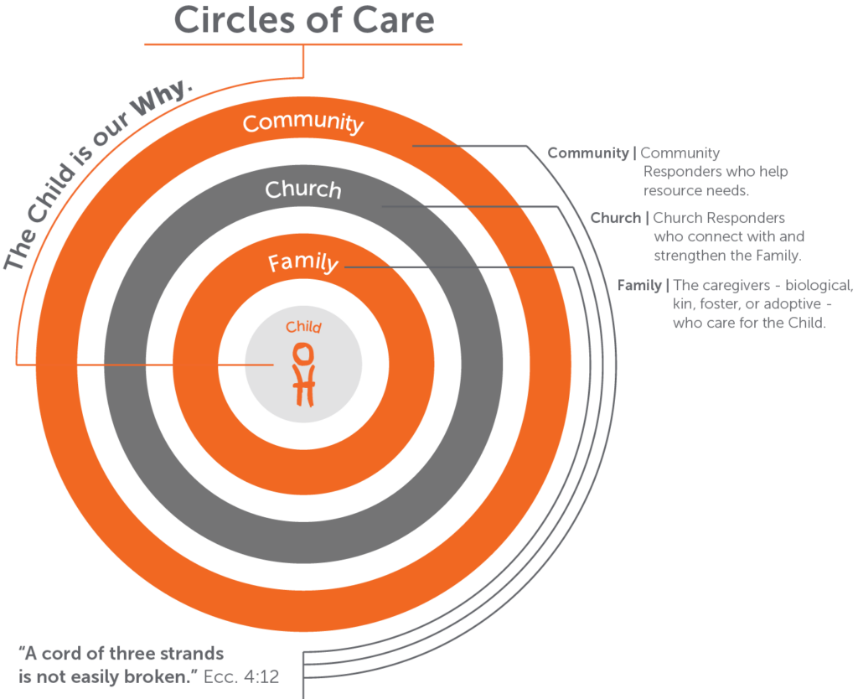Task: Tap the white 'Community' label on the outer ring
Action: coord(303,122)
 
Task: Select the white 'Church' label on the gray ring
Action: coord(303,189)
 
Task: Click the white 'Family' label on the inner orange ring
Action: coord(303,263)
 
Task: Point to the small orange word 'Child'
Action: coord(303,327)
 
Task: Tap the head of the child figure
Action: coord(303,352)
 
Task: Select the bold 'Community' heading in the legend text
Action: coord(587,153)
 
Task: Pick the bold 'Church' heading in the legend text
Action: coord(615,219)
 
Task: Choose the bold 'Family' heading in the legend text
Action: coord(639,285)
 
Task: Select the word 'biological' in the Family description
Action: coord(816,285)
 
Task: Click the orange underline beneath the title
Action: coord(303,43)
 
